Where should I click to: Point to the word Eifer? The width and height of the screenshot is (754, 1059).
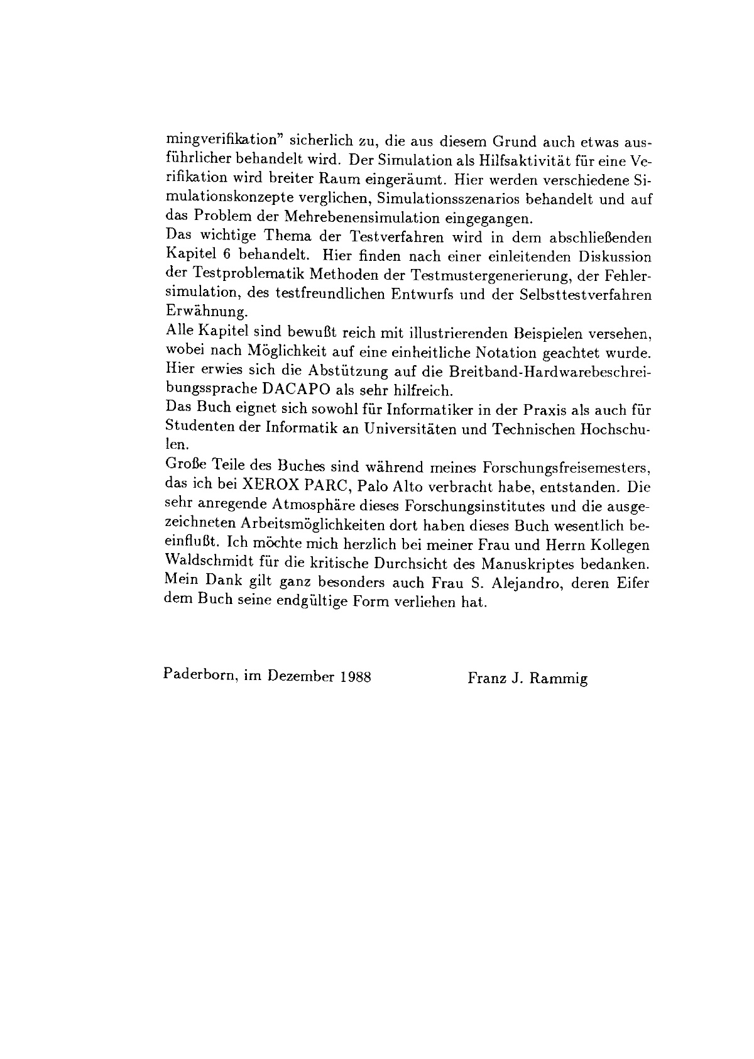pos(635,582)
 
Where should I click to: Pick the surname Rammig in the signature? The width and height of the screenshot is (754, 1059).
pos(558,679)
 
